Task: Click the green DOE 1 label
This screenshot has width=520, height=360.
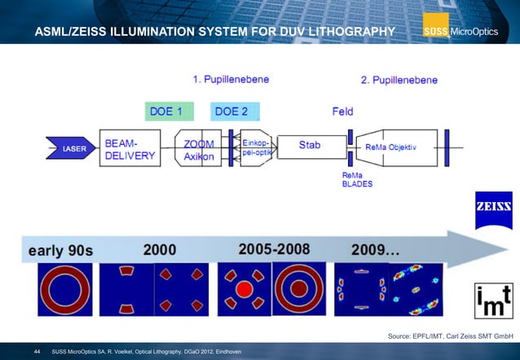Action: point(169,111)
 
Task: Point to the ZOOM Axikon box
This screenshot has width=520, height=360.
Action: point(200,150)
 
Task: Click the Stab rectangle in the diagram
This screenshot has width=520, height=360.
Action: point(311,147)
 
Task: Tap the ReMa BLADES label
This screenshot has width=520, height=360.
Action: point(356,179)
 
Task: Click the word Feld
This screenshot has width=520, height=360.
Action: point(343,111)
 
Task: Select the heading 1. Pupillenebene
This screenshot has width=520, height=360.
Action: point(231,80)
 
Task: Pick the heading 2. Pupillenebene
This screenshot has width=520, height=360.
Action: point(399,80)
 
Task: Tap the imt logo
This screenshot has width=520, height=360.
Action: point(494,296)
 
